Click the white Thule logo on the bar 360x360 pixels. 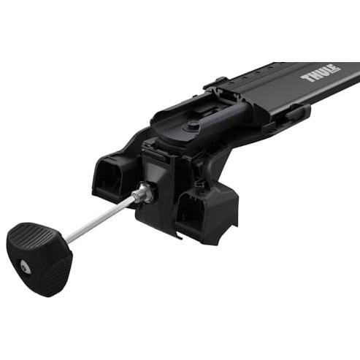pyautogui.click(x=321, y=73)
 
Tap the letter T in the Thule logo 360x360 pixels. pyautogui.click(x=306, y=78)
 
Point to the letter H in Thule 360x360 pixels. pyautogui.click(x=313, y=75)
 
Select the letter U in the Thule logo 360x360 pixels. pyautogui.click(x=321, y=73)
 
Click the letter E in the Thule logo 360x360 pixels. pyautogui.click(x=334, y=69)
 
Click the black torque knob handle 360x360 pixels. pyautogui.click(x=39, y=258)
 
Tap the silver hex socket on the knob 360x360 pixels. pyautogui.click(x=25, y=267)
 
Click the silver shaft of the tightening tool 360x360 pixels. pyautogui.click(x=100, y=220)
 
